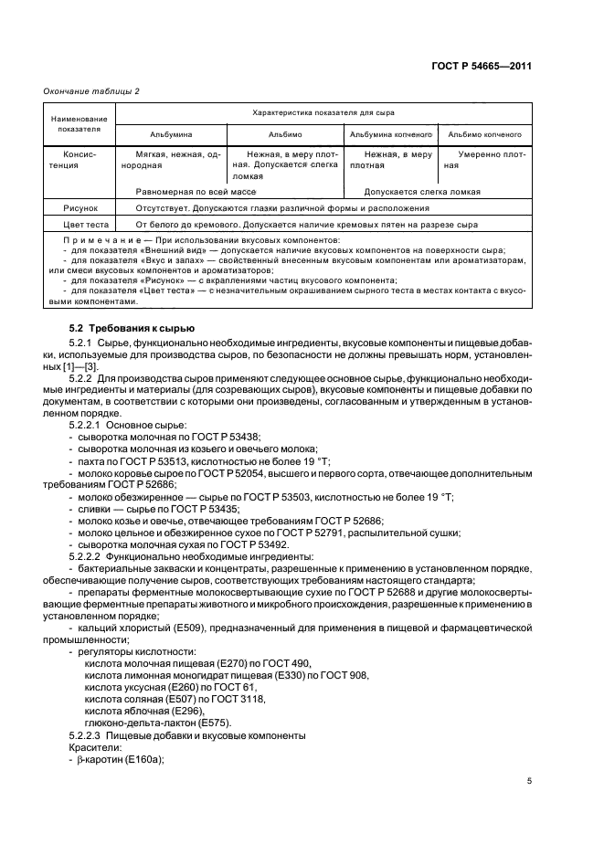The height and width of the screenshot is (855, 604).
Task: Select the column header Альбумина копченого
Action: coord(390,134)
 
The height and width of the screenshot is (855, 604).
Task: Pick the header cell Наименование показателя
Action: coord(79,124)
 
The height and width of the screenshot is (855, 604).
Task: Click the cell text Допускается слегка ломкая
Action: coord(422,192)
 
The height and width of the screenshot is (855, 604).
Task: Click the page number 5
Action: coord(529,781)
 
